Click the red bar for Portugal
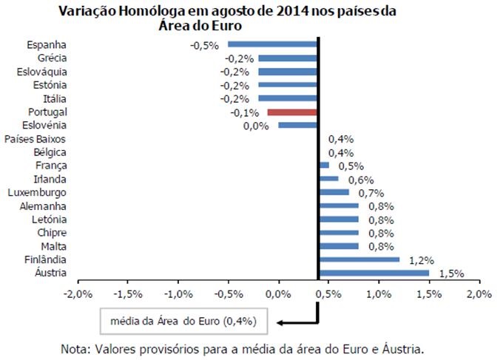(x=292, y=112)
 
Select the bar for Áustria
(x=374, y=273)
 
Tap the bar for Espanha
(x=272, y=44)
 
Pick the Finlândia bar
(x=359, y=259)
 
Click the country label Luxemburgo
(x=39, y=192)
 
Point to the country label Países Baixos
(x=36, y=139)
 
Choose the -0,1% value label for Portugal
(x=244, y=112)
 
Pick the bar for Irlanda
(x=328, y=179)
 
